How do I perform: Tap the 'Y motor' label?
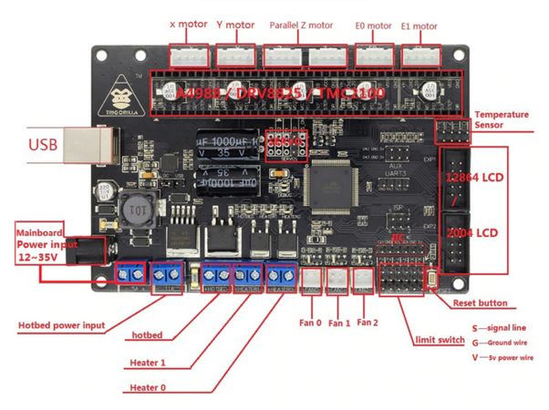pos(238,26)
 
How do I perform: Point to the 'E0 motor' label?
pos(371,26)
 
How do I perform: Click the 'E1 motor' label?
pos(420,26)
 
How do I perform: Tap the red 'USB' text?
pos(43,144)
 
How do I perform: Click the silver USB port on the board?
pos(100,143)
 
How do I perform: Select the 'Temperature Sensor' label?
pos(501,118)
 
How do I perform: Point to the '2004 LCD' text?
pos(472,233)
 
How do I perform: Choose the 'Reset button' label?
pos(479,302)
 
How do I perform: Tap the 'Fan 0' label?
pos(312,323)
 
